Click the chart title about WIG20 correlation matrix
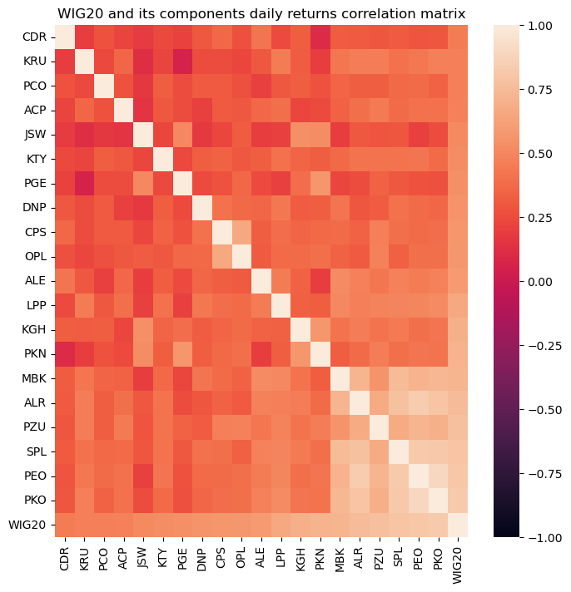point(261,14)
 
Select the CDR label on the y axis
point(36,37)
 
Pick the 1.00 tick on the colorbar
point(533,26)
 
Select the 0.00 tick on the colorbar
point(533,282)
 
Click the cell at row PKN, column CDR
point(63,354)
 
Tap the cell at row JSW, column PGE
point(182,135)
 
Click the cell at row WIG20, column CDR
point(63,525)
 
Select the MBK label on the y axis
point(36,379)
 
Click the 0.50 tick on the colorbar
point(533,154)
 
